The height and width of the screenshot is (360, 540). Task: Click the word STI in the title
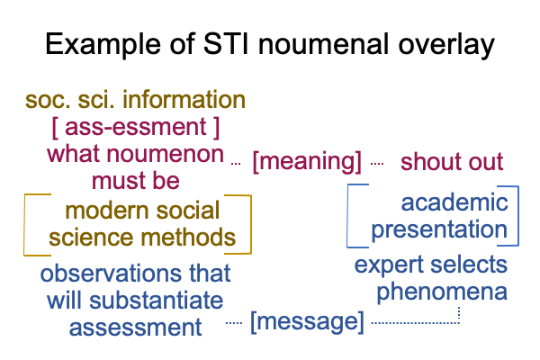[x=226, y=44]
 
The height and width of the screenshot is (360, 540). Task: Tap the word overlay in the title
[x=446, y=45]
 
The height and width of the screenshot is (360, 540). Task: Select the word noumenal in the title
[x=323, y=44]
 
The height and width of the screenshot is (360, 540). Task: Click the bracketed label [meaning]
[x=307, y=162]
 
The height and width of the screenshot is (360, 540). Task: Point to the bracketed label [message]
[x=307, y=321]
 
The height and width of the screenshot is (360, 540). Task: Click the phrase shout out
[x=452, y=161]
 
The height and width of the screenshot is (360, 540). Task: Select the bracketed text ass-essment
[x=135, y=127]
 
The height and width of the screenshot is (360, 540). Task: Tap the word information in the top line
[x=184, y=99]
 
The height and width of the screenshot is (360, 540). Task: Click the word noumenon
[x=166, y=154]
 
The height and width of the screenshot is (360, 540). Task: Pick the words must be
[x=135, y=181]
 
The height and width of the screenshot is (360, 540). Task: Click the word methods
[x=188, y=238]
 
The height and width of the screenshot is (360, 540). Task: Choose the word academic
[x=454, y=202]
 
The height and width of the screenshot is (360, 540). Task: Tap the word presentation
[x=439, y=230]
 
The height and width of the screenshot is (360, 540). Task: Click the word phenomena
[x=442, y=292]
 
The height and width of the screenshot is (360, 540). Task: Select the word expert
[x=390, y=265]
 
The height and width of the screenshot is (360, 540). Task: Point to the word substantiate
[x=156, y=300]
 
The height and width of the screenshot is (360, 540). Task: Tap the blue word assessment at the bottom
[x=135, y=328]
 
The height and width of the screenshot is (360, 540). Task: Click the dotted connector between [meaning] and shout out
[x=377, y=164]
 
